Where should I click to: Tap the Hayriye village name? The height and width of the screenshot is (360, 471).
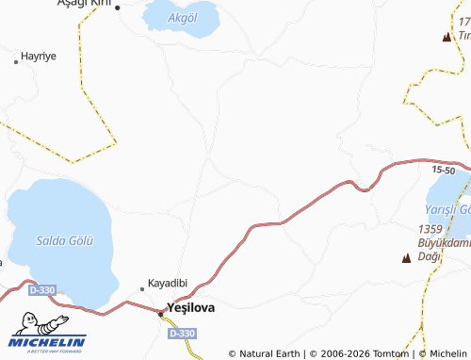point(40,57)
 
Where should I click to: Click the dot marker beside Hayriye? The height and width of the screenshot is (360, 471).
point(16,62)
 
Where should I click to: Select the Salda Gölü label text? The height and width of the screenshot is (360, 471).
point(65,240)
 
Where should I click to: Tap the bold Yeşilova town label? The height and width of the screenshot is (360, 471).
point(190,306)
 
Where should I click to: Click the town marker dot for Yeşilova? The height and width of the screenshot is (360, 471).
point(160,314)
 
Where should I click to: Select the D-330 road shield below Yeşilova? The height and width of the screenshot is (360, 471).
point(183,334)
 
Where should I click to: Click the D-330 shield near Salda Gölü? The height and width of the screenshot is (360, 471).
point(41,290)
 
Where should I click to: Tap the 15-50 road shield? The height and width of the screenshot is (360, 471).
point(444,170)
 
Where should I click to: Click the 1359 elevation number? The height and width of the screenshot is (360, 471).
point(430,229)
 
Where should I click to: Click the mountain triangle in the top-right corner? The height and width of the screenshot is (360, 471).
point(447,37)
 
